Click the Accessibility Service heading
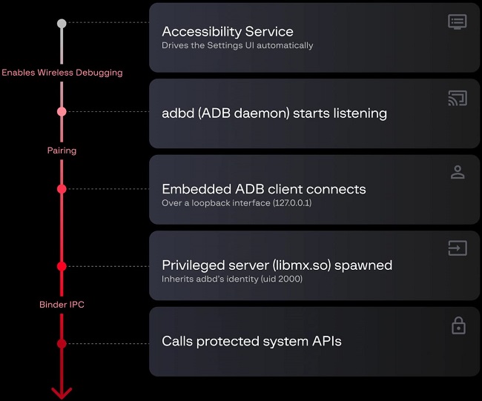228,32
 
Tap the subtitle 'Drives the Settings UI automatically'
237,45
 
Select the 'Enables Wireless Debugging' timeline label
62,73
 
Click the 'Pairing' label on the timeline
62,150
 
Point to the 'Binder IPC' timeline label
62,305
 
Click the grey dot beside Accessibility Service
62,24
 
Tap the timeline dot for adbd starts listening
62,111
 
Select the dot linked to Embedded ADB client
62,189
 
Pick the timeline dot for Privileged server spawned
62,266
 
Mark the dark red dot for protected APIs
62,343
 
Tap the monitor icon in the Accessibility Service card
458,22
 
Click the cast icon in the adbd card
458,99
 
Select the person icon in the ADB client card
458,172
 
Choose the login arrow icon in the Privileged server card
458,248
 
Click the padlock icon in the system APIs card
458,325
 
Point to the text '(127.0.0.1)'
292,203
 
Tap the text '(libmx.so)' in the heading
302,265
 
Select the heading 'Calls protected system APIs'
252,342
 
